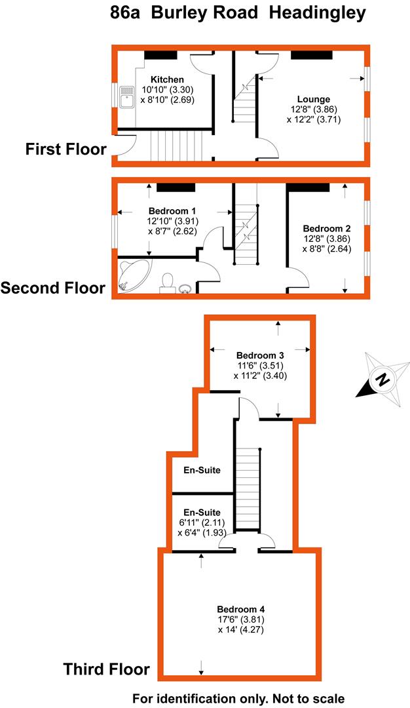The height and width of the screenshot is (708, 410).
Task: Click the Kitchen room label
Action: (x=163, y=79)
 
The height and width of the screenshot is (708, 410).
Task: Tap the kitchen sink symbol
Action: (x=126, y=96)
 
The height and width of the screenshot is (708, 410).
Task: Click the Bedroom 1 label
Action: (x=173, y=210)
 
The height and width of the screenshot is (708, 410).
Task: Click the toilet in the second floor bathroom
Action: (x=168, y=282)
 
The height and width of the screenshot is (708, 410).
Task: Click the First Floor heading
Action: (x=65, y=149)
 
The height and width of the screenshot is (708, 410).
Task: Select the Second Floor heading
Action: (x=53, y=288)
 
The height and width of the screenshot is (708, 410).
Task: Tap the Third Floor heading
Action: (x=106, y=669)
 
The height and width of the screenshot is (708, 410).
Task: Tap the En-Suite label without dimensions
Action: (x=202, y=470)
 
